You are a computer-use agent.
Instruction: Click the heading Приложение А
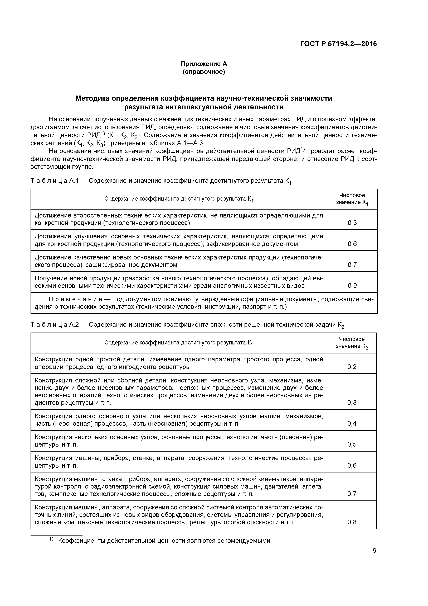click(x=204, y=64)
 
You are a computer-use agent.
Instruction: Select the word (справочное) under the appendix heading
click(x=204, y=72)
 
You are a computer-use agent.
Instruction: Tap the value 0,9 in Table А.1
click(x=352, y=286)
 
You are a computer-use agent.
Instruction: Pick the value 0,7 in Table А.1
click(x=352, y=264)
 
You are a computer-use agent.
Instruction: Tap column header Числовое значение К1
click(x=352, y=199)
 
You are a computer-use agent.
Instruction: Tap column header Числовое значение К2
click(x=352, y=343)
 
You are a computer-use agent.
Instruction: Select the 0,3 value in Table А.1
click(x=352, y=223)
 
